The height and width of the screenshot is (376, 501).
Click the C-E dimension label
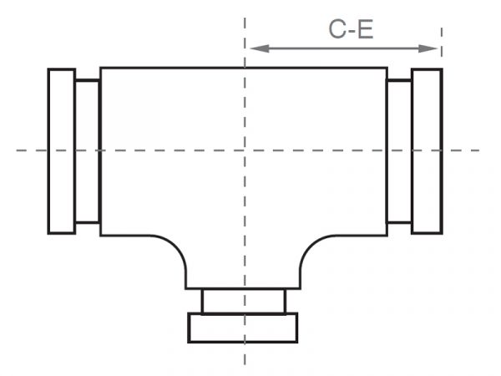[351, 29]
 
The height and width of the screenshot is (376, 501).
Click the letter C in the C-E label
[337, 29]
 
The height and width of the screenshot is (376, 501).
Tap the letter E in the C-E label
[366, 29]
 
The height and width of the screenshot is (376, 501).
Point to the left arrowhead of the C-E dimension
[259, 48]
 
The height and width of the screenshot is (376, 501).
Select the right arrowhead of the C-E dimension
[428, 48]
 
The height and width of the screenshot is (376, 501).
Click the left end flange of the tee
[62, 151]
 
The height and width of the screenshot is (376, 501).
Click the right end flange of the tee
[428, 151]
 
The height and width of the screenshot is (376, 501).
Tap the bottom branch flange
[243, 328]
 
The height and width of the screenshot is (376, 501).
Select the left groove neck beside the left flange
[88, 151]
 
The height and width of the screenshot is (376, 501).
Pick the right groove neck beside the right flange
[399, 151]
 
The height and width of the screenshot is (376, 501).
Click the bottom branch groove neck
[244, 301]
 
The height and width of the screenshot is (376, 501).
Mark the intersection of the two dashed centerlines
[245, 150]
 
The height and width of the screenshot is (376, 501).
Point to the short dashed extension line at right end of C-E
[442, 43]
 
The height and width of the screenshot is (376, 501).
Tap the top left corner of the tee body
[101, 68]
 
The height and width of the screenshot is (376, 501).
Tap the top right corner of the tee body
[387, 68]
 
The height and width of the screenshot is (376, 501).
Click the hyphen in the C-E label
[352, 32]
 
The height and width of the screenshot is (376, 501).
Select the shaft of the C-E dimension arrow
[344, 48]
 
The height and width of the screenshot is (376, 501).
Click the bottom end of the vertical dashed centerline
[245, 364]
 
